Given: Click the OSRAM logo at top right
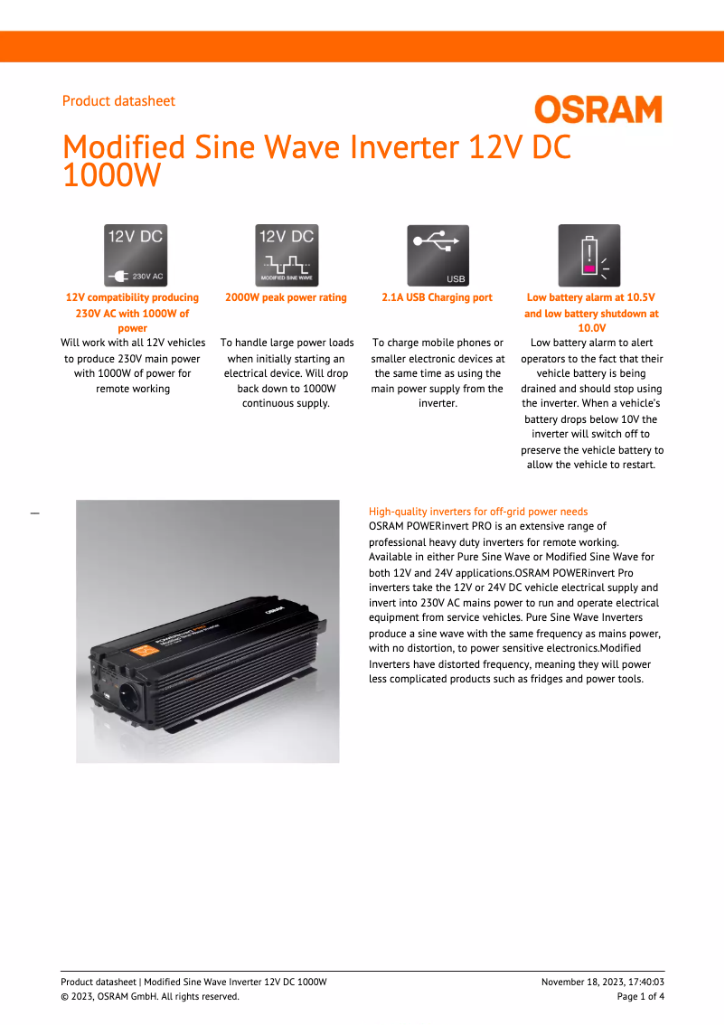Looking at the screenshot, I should point(598,110).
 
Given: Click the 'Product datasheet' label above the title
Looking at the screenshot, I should point(118,101).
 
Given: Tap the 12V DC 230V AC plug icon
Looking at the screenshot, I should point(136,255).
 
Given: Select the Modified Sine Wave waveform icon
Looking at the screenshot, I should point(286,255).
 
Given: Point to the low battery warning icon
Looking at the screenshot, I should point(589,255).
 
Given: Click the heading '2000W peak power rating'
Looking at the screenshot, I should point(286,297).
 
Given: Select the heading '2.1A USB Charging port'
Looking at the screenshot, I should point(438,297).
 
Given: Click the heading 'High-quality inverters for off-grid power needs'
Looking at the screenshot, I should point(478,512).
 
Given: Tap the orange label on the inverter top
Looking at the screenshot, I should point(145,649).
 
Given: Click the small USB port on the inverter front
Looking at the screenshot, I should point(107,697).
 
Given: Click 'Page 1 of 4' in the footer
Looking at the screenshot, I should point(640,996).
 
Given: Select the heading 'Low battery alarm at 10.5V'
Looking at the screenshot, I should point(590,297).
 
